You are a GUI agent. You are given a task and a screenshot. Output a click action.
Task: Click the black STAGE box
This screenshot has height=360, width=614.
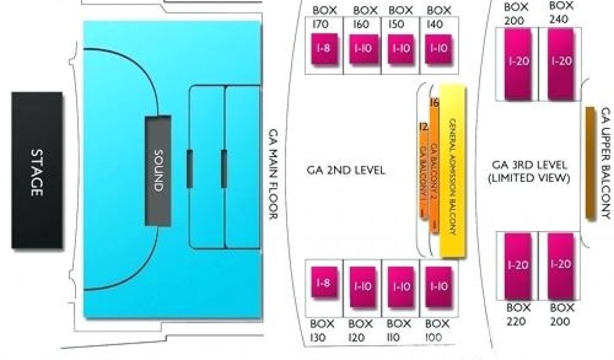coord(37,170)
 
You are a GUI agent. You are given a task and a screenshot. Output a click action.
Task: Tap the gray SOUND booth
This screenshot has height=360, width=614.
coord(158,170)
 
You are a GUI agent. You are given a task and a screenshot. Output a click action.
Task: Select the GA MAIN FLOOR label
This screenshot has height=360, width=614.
coord(273,174)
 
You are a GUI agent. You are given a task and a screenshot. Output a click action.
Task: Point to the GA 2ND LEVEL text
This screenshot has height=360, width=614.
coord(346,170)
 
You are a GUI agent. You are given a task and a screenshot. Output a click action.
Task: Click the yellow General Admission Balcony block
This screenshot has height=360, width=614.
coord(453,171)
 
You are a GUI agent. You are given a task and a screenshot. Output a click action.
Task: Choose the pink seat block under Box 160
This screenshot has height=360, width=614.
coord(363,49)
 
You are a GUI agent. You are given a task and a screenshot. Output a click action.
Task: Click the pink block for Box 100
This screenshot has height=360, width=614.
coord(437,286)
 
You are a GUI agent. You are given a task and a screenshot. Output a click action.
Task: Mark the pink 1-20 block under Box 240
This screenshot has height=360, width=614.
coord(561,62)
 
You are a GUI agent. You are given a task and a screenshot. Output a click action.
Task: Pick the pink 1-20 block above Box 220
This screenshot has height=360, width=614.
coord(517,265)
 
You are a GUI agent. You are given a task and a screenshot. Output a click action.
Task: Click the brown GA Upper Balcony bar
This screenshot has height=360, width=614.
coord(589,162)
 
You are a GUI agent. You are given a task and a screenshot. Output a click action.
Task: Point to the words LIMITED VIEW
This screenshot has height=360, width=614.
coord(529,179)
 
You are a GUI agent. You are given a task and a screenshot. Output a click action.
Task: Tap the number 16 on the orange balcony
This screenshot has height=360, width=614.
coord(435,103)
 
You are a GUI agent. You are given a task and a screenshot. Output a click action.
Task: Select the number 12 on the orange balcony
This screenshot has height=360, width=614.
coord(423,127)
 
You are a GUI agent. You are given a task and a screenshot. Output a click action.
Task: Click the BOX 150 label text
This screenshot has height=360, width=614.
coord(400,18)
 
